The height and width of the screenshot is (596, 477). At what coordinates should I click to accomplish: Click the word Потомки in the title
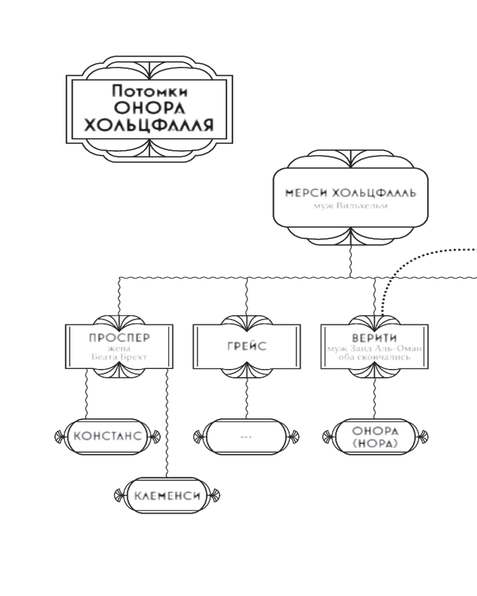[x=149, y=91]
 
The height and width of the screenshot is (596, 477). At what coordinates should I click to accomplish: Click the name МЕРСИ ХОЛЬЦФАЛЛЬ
[x=350, y=194]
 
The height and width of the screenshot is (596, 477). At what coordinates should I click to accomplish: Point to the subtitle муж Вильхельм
[x=350, y=206]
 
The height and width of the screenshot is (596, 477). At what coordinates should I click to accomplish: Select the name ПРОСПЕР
[x=119, y=338]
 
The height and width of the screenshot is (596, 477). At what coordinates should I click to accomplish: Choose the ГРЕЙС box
[x=246, y=346]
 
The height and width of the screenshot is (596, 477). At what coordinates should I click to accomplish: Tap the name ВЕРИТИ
[x=374, y=339]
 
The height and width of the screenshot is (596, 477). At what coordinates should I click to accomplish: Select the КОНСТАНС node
[x=108, y=436]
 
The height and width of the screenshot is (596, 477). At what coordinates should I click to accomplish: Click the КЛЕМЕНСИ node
[x=166, y=495]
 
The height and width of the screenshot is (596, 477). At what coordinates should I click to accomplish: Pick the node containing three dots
[x=246, y=436]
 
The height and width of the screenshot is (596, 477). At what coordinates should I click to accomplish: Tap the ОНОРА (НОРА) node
[x=374, y=436]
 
